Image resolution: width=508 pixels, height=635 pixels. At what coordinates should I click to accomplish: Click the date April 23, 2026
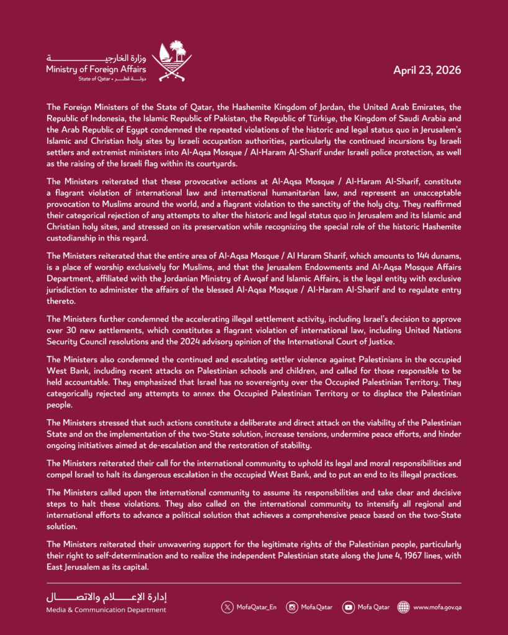coord(427,70)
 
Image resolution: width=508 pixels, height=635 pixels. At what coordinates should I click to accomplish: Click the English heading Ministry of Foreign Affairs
coord(95,69)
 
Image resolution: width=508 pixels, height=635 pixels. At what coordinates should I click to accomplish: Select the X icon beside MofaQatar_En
coord(228,607)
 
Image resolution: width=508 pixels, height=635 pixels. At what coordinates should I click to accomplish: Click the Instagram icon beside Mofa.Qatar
coord(292,607)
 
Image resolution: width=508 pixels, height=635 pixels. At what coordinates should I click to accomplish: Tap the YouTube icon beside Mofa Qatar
coord(348,607)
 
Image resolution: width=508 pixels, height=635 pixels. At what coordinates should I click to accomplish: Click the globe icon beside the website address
coord(403,607)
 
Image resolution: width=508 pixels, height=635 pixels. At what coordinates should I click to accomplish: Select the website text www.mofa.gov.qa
coord(437,607)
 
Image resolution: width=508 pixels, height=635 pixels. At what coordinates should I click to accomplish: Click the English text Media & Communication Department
coord(105,610)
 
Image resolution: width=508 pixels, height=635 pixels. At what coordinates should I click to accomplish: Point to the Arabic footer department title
coord(107,597)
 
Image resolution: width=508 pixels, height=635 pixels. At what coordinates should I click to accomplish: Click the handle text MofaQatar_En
coord(256,607)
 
